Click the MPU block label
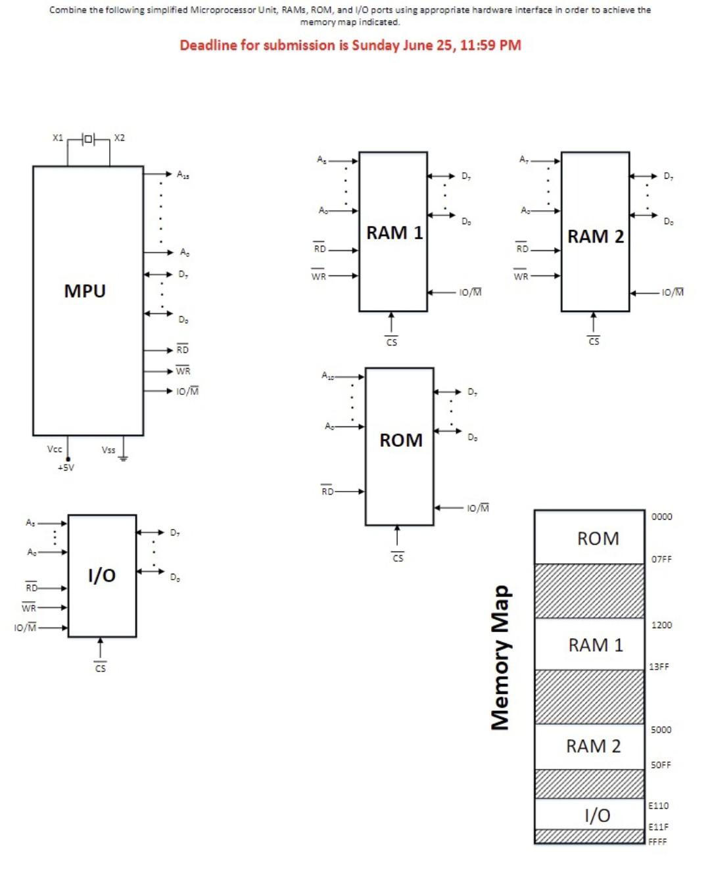85,290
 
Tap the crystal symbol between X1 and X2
88,139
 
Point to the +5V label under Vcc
66,468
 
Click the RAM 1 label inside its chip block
394,233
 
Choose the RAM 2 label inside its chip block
596,236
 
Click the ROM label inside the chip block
400,440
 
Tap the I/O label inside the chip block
102,575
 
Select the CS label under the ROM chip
398,558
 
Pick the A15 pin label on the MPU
183,174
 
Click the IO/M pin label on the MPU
187,391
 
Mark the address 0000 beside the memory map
661,516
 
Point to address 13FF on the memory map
659,666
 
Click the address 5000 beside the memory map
661,729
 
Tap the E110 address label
658,806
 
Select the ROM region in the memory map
598,538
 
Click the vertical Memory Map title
500,657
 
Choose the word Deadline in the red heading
208,45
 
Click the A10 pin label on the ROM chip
327,375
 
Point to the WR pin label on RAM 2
521,276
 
